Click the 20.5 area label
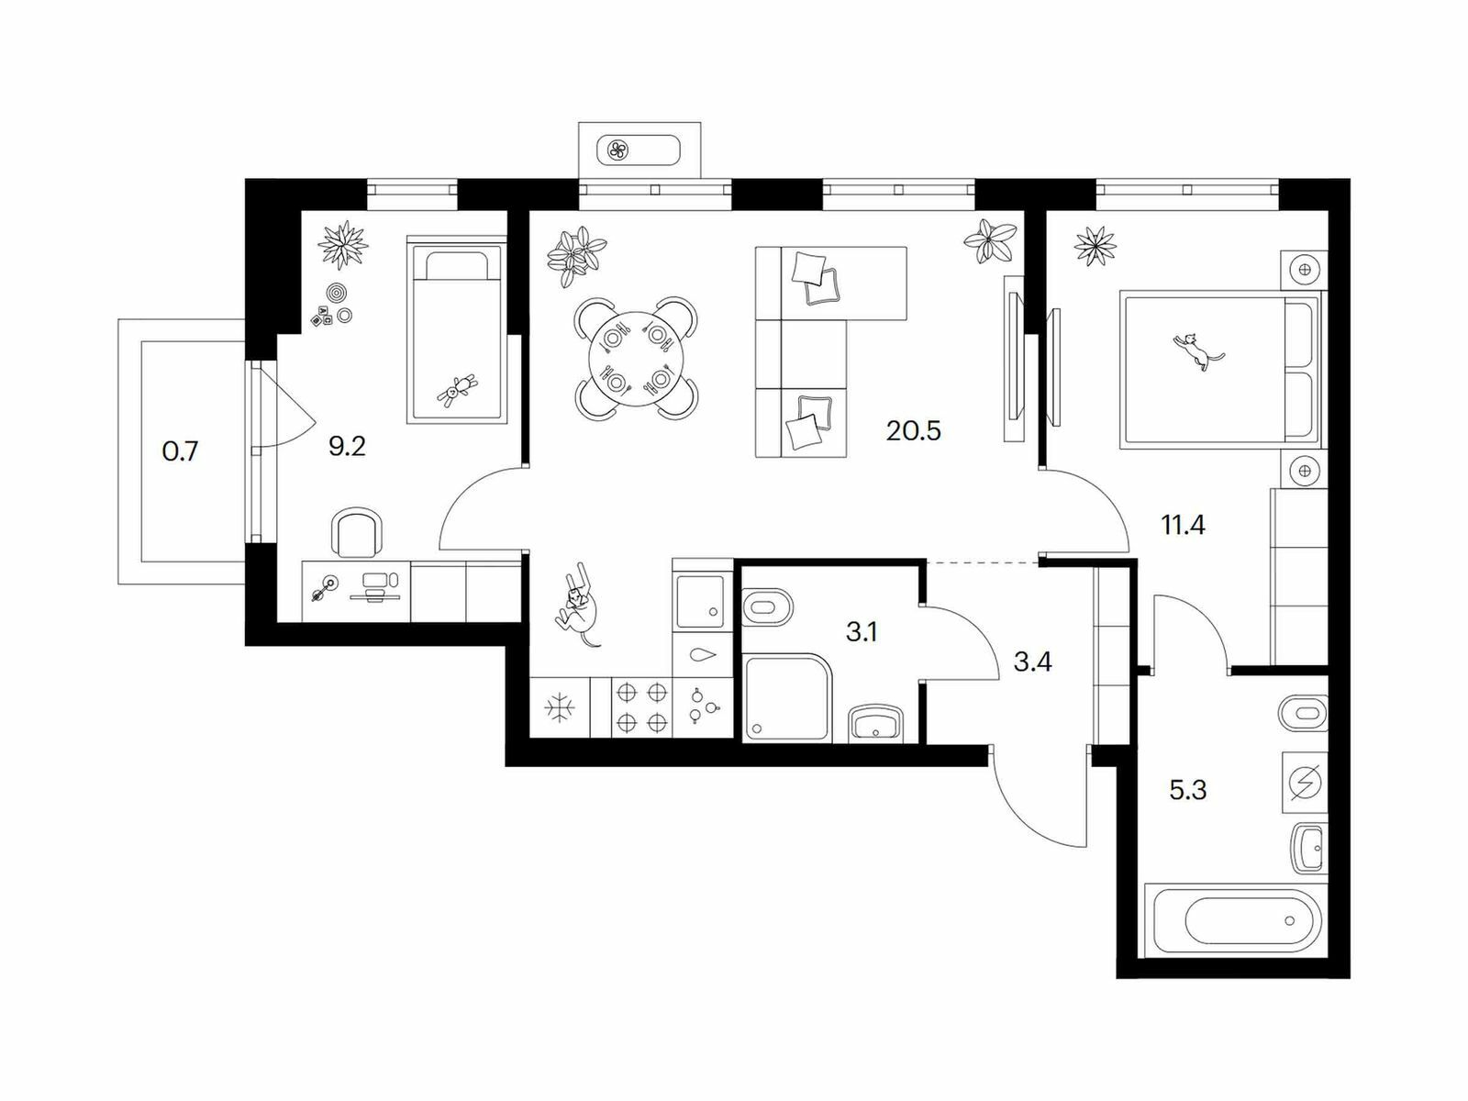pos(913,431)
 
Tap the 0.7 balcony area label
pos(180,452)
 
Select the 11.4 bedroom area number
pos(1183,526)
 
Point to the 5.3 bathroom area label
pos(1188,791)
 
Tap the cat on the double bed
pos(1197,351)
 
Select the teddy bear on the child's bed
pos(457,390)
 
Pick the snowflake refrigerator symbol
pos(560,708)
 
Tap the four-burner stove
pos(640,708)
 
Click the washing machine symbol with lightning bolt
pos(1304,782)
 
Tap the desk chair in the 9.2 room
pos(358,532)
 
